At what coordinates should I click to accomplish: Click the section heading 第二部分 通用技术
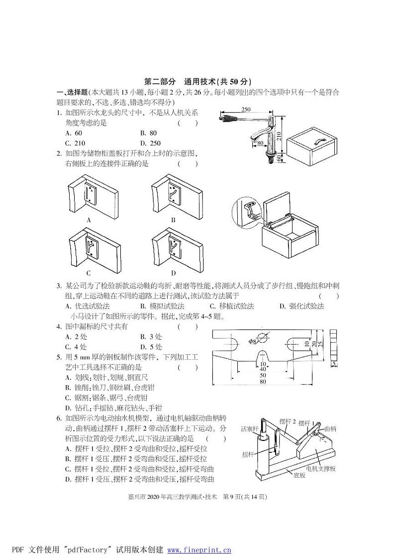coord(197,81)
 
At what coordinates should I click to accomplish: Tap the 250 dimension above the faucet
coord(246,110)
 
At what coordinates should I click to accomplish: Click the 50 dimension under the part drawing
coord(262,375)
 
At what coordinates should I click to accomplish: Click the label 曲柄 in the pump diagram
coord(330,428)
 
